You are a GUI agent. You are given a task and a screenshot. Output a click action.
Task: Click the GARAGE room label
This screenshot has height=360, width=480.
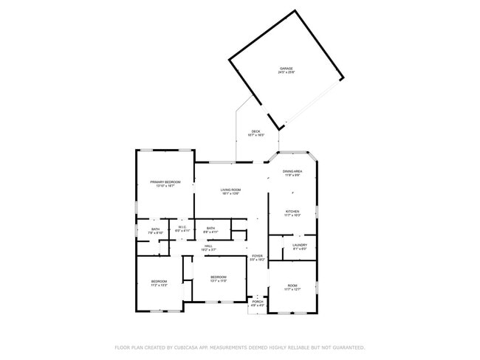pos(286,69)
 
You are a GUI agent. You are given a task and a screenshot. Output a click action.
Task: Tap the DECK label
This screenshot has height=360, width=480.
pos(256,132)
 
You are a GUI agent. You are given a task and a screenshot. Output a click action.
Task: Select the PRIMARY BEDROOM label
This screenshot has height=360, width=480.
pos(165,181)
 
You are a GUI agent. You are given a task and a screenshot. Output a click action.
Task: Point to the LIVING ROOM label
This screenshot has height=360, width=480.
pos(230,190)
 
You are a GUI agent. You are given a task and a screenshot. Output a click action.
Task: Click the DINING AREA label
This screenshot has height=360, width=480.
pos(292,171)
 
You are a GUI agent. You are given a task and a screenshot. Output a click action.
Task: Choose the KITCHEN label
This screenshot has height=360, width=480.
pos(292,211)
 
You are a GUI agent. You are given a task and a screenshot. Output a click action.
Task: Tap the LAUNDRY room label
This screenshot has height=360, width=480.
pos(299,245)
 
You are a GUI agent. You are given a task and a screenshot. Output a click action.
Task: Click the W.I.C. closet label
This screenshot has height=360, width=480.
pos(182,227)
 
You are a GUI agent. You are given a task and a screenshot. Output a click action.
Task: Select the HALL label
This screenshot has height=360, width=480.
pos(209,246)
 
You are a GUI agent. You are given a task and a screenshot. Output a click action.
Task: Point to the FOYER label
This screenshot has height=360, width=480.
pos(256,257)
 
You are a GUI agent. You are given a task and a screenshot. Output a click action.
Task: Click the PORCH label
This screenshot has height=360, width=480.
pos(258,301)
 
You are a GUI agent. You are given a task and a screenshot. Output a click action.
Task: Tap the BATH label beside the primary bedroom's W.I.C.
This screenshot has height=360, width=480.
pos(156,229)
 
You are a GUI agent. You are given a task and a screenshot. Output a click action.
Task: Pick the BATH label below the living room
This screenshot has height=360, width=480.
pos(211,228)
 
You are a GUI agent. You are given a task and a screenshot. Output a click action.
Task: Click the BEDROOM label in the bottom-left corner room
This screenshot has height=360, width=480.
pos(160,281)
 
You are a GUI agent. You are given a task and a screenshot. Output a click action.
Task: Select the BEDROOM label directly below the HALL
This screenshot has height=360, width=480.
pos(218,277)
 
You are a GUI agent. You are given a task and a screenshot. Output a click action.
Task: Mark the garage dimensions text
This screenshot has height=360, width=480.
pos(286,72)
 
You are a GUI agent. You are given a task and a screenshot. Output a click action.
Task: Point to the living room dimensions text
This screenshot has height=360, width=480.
pos(230,194)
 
